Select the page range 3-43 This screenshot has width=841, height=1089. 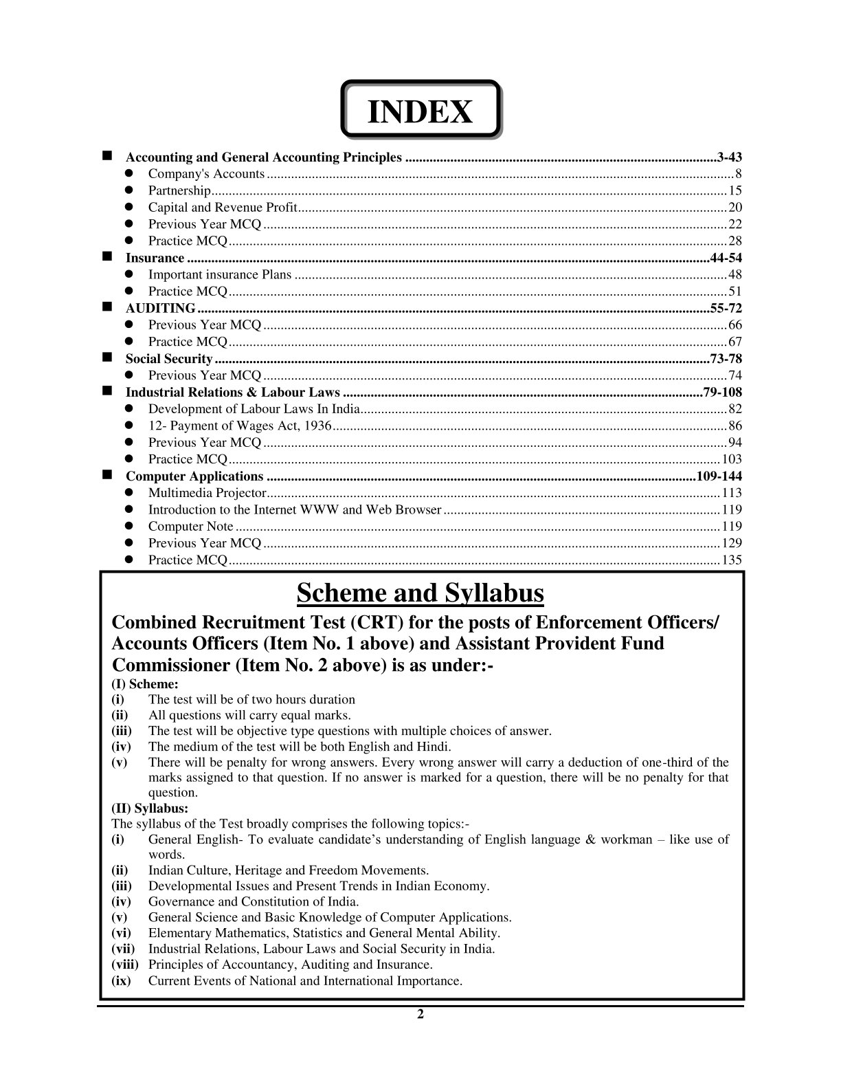click(729, 157)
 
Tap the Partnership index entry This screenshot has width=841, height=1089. click(179, 190)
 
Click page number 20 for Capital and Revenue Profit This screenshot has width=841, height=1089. click(735, 208)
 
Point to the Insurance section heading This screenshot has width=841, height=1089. click(155, 258)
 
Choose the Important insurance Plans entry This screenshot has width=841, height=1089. click(220, 275)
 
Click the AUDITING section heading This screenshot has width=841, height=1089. click(160, 308)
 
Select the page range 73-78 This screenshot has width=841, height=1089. click(726, 358)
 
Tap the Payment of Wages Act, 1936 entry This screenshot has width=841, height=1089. click(240, 426)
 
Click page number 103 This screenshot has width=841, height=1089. click(732, 459)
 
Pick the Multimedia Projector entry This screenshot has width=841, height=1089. click(207, 493)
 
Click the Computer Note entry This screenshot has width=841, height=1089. click(190, 527)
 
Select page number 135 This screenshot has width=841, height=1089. click(732, 560)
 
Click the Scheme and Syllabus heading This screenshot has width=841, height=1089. click(420, 593)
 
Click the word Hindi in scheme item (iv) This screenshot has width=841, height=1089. click(434, 747)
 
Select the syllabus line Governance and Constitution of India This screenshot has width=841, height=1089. click(254, 901)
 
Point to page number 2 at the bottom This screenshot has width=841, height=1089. click(420, 1015)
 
